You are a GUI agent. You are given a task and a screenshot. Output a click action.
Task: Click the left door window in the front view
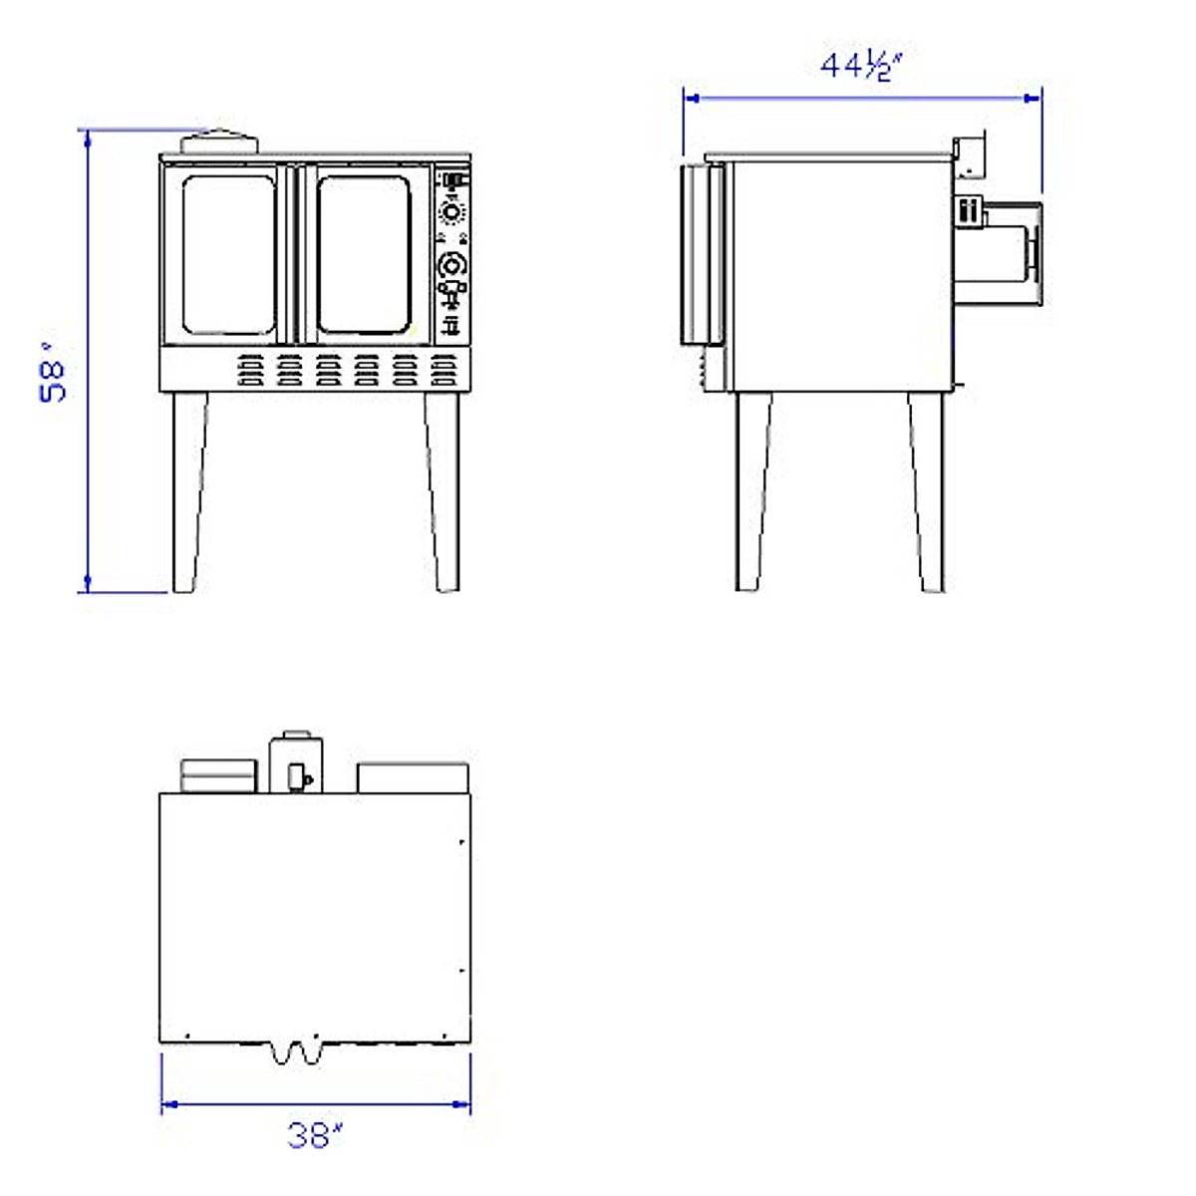[x=228, y=255]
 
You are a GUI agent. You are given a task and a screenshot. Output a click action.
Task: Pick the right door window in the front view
[x=365, y=255]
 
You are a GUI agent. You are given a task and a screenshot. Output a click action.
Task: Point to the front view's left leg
[x=189, y=491]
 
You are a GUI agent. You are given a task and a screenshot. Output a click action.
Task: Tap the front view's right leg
[x=444, y=491]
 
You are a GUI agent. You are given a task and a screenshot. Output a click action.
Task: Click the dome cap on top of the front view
[x=219, y=141]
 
